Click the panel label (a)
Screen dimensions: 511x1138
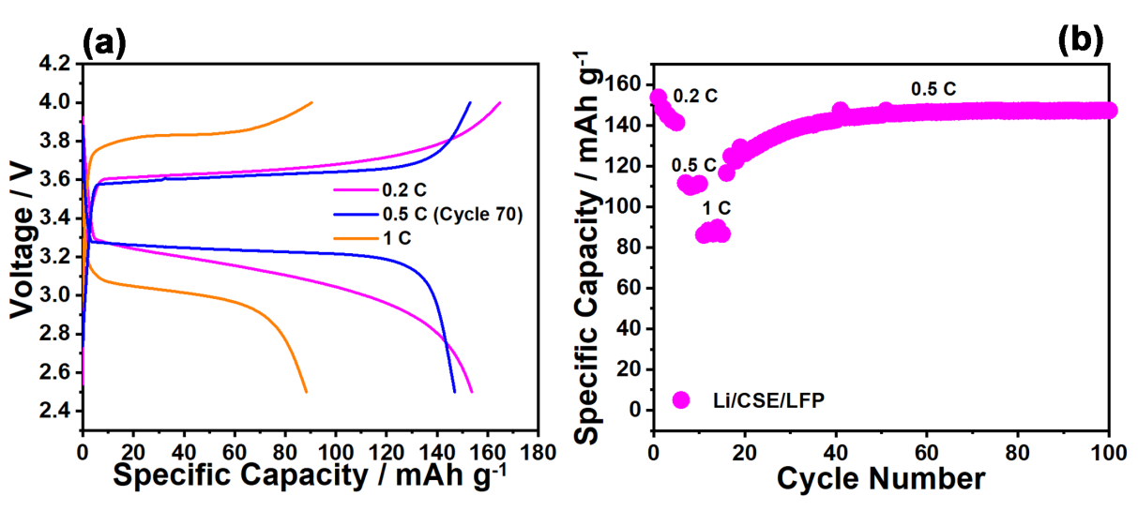click(103, 41)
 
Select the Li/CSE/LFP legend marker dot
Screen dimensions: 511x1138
click(681, 400)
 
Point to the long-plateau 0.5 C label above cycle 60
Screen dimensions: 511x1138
click(933, 90)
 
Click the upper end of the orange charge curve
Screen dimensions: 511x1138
click(311, 101)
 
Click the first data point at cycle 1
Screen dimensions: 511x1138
click(658, 98)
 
